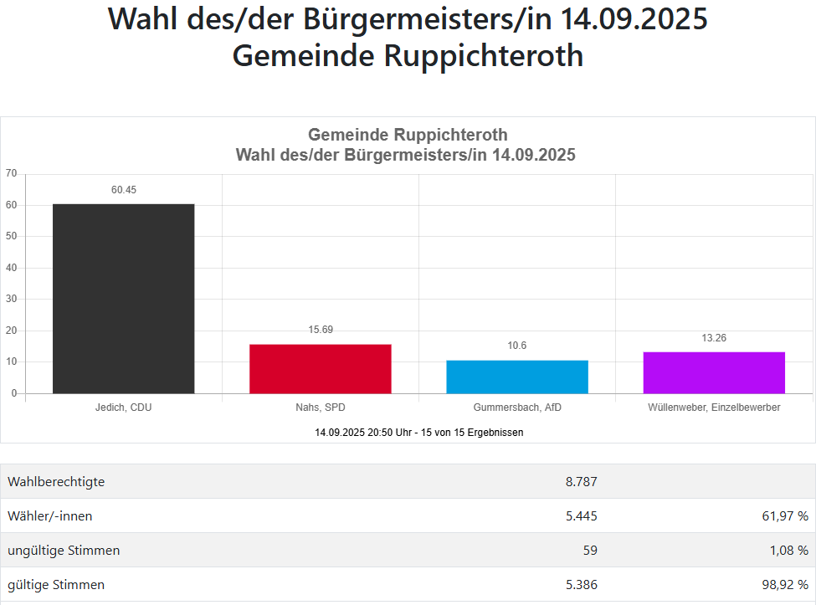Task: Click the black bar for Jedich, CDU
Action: tap(123, 298)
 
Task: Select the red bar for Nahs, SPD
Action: tap(320, 368)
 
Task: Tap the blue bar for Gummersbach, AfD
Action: tap(516, 377)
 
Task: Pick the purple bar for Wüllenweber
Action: tap(713, 372)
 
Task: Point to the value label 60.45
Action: tap(123, 190)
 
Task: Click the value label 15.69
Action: tap(320, 330)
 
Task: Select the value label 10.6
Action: tap(516, 346)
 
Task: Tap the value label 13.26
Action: tap(713, 338)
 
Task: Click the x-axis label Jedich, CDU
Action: tap(124, 408)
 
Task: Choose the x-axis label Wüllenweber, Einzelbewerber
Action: tap(714, 408)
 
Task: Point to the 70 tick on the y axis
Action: tap(11, 173)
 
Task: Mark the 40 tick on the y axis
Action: tap(11, 268)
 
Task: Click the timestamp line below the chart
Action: tap(418, 433)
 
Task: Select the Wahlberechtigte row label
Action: tap(56, 482)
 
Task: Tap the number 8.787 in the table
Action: tap(581, 482)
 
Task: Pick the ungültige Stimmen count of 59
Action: tap(589, 551)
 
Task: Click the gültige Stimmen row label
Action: tap(56, 585)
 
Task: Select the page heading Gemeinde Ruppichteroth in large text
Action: tap(408, 56)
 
